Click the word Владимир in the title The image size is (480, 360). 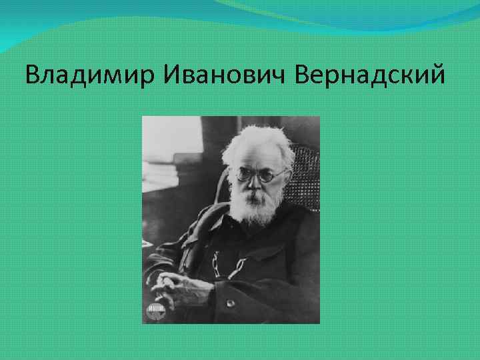point(86,75)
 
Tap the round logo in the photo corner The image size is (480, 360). point(155,309)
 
